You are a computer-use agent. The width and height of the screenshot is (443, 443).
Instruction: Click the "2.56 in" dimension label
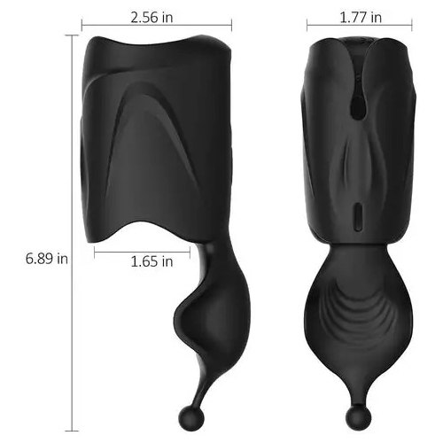[x=162, y=17]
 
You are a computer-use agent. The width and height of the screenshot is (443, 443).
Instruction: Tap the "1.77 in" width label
[x=361, y=17]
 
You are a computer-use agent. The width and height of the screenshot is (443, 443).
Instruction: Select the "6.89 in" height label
[x=48, y=259]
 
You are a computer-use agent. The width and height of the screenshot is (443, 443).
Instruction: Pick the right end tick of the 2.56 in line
[x=232, y=27]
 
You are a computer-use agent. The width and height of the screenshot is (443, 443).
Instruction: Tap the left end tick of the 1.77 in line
[x=305, y=27]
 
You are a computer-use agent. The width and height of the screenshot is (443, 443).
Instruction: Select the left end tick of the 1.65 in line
[x=92, y=252]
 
